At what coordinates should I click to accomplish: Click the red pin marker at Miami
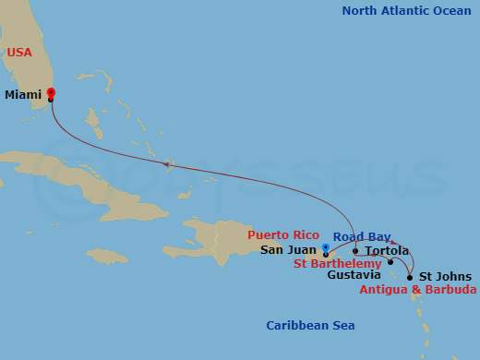point(51,93)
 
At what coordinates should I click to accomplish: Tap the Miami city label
point(23,94)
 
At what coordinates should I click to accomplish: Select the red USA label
point(19,53)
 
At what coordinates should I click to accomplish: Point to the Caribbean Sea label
point(310,325)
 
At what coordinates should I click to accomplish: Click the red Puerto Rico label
point(283,235)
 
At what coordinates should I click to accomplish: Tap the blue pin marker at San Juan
point(326,247)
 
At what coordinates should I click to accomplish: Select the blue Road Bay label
point(362,236)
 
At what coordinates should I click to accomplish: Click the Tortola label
point(387,251)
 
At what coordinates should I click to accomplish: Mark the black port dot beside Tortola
point(355,250)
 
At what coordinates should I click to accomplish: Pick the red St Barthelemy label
point(337,263)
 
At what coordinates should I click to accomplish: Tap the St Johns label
point(445,277)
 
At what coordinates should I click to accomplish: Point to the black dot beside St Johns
point(410,276)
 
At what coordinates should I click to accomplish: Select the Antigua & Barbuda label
point(418,290)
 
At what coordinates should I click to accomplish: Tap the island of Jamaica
point(107,255)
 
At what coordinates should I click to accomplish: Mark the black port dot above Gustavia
point(390,262)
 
